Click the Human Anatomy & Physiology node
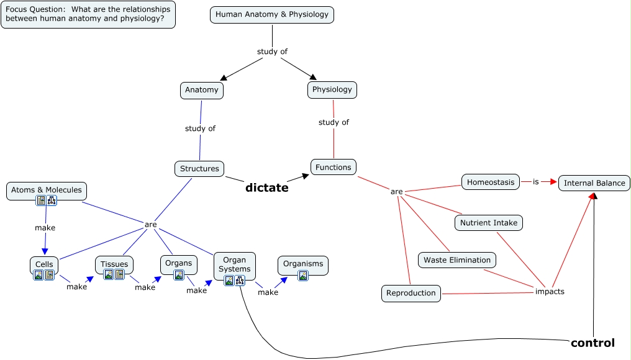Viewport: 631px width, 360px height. (272, 14)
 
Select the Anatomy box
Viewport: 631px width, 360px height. (202, 90)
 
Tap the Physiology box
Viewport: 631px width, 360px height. (332, 90)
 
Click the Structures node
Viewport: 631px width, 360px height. (199, 168)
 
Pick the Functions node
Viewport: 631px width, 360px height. (334, 167)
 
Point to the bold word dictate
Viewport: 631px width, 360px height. (266, 187)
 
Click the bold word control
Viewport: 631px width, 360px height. (592, 343)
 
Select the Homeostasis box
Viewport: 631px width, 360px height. (491, 182)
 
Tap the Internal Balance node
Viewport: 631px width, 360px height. (594, 183)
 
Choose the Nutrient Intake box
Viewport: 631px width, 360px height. (489, 222)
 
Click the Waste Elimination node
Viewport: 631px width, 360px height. (457, 260)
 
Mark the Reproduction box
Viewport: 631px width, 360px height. (411, 293)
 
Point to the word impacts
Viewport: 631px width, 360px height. (550, 291)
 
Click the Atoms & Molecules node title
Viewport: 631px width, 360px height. (47, 190)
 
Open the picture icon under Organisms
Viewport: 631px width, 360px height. (303, 276)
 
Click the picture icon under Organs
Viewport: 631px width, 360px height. (179, 275)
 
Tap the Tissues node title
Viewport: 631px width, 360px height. (114, 264)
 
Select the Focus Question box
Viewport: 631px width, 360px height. (88, 14)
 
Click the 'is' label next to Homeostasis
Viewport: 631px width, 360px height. (536, 182)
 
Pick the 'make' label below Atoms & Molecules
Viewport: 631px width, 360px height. (45, 228)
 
